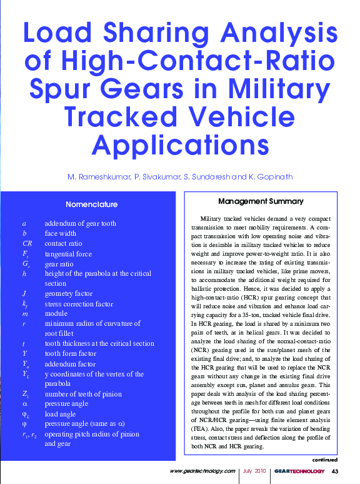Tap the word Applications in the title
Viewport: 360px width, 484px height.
[179, 144]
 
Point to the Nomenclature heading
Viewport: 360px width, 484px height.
[91, 204]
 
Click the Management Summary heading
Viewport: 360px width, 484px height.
[261, 201]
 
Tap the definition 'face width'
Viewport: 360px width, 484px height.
[60, 234]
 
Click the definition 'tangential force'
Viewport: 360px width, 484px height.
[68, 254]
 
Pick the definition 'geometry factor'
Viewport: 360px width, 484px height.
[68, 294]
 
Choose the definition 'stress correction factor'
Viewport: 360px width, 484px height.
[79, 304]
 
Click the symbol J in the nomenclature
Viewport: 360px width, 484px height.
[23, 294]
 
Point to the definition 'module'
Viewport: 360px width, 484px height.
[56, 314]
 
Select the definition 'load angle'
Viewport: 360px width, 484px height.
[61, 414]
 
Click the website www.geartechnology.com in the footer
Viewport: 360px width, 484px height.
[202, 471]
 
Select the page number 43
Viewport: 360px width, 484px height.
[335, 471]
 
